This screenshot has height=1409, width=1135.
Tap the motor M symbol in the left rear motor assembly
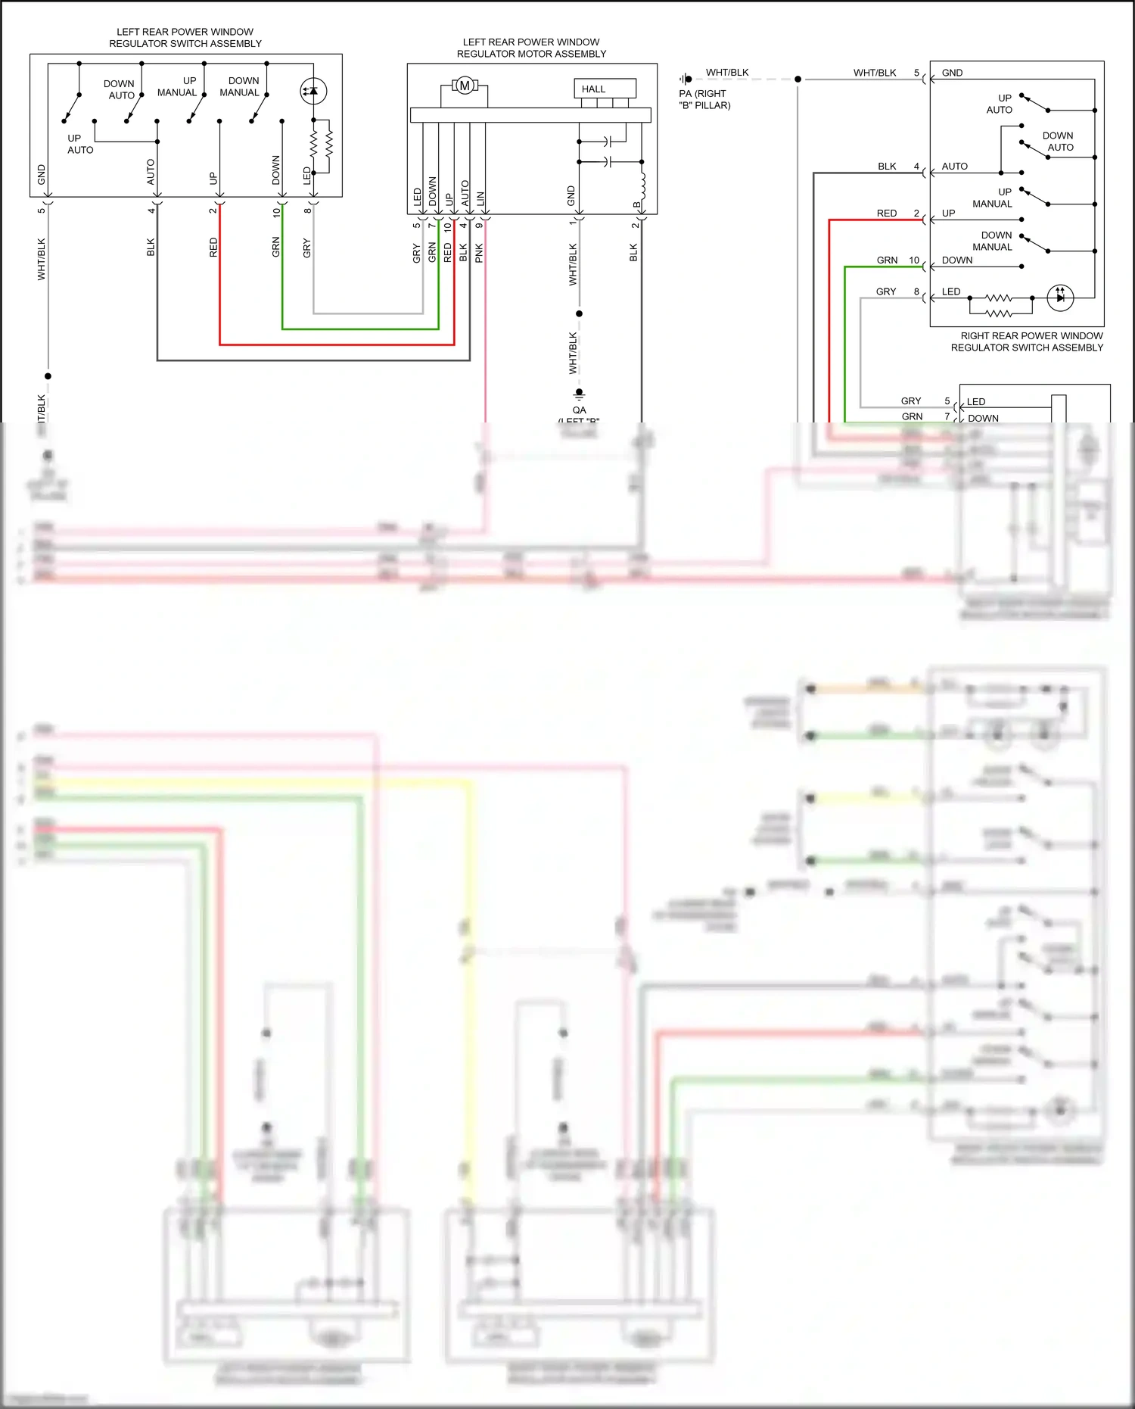click(465, 86)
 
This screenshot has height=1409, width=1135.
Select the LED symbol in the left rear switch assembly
click(313, 91)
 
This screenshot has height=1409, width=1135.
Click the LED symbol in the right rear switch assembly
click(1060, 298)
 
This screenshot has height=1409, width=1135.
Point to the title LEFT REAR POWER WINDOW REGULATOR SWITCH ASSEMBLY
click(185, 38)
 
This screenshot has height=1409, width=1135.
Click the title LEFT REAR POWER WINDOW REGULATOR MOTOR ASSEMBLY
click(531, 48)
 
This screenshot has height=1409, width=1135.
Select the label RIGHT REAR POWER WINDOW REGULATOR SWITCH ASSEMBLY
click(1027, 341)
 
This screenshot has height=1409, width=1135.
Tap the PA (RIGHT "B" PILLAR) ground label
click(704, 99)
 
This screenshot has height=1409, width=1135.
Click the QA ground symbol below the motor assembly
click(579, 394)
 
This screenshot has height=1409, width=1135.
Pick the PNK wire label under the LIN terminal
click(479, 253)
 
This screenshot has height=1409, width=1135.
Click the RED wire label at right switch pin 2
click(887, 214)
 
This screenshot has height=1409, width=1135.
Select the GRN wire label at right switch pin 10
click(887, 260)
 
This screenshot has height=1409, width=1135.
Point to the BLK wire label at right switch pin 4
click(887, 167)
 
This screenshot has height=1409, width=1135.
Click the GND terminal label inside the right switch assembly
click(952, 73)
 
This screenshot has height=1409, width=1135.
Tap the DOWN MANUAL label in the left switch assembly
click(241, 86)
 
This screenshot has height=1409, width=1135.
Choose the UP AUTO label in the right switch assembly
click(1000, 104)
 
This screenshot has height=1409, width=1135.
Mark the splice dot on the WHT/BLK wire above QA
click(579, 313)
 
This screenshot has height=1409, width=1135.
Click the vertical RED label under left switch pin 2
click(213, 247)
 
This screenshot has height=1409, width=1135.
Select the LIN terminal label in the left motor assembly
click(480, 200)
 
